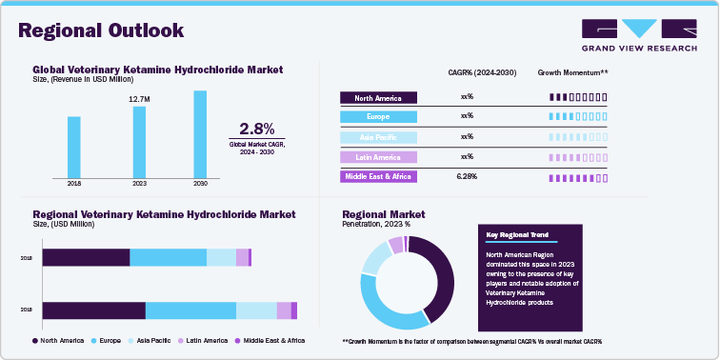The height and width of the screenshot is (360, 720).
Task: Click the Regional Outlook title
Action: point(101,30)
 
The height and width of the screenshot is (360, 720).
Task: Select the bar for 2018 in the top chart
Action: point(74,146)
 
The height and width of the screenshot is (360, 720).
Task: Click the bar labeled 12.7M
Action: point(139,141)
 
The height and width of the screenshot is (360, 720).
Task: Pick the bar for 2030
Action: point(200,133)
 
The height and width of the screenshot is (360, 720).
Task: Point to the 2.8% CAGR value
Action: point(256,129)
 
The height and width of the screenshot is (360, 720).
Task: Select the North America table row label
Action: point(378,97)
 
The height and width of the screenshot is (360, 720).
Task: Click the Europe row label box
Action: point(378,117)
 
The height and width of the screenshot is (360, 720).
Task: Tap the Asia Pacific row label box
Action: point(378,137)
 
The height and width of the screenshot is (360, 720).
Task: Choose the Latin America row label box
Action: point(378,157)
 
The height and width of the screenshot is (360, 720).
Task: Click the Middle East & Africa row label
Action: point(378,177)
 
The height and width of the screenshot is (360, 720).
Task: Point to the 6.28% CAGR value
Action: point(467,177)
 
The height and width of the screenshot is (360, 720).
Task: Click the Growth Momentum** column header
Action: point(572,72)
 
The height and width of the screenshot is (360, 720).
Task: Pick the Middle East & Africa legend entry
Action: point(270,340)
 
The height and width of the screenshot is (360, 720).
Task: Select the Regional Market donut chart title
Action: point(383,214)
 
